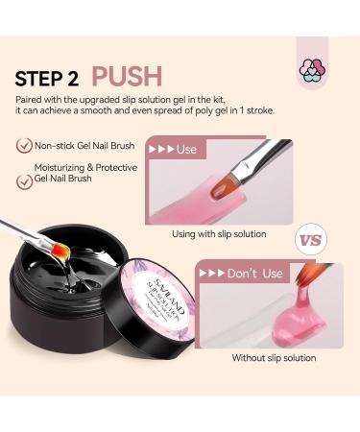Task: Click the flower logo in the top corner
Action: (x=312, y=68)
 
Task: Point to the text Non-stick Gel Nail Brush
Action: (x=87, y=148)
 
